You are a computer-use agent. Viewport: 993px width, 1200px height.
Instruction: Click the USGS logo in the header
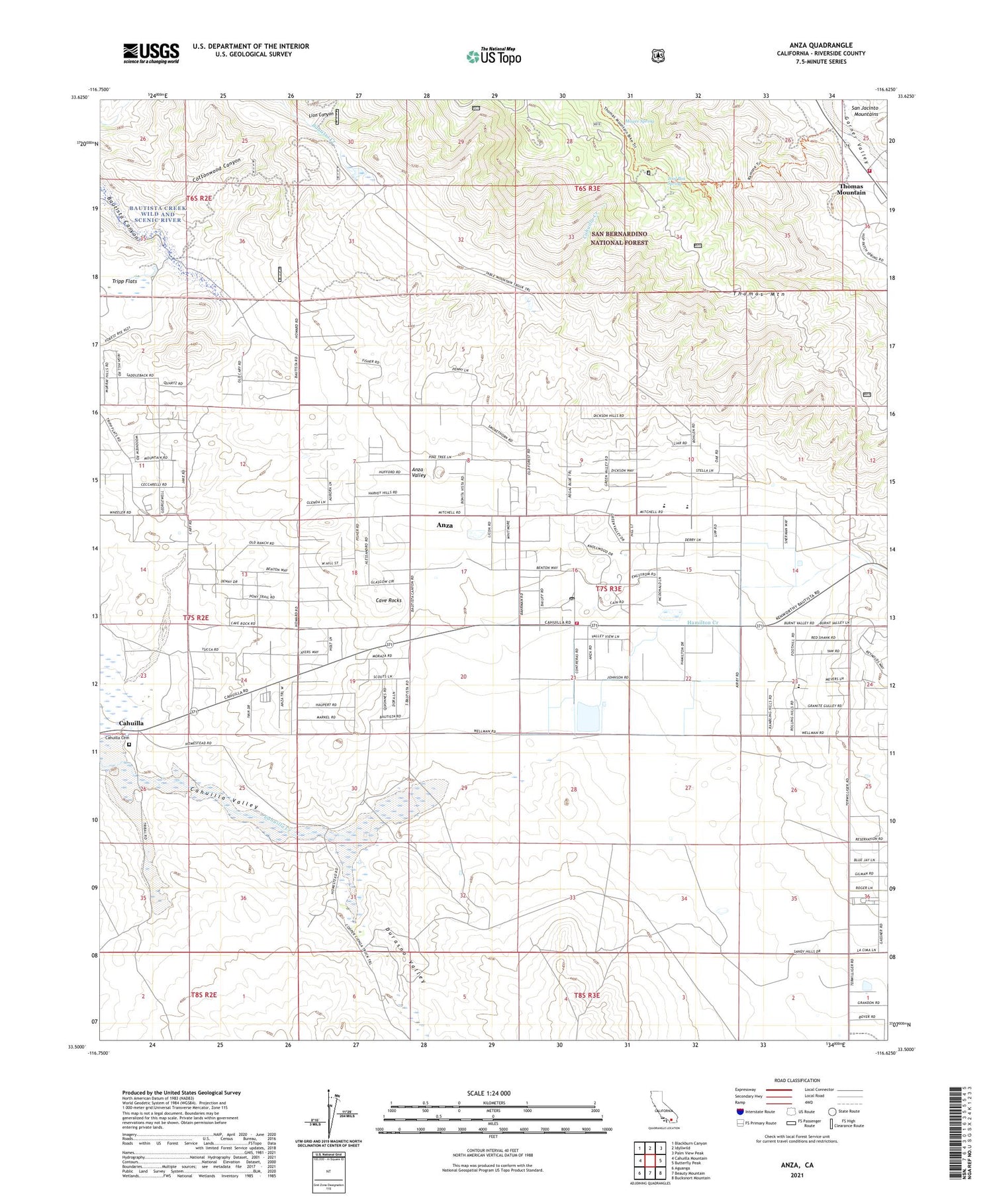(151, 53)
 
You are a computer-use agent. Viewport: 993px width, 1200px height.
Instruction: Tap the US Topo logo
(494, 56)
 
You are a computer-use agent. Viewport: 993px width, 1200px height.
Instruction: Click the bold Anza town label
(444, 525)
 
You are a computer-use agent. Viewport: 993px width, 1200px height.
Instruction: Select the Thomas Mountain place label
(851, 189)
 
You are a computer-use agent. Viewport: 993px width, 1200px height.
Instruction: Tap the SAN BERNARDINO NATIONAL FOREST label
(619, 238)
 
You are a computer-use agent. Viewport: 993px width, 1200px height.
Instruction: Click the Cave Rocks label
(389, 600)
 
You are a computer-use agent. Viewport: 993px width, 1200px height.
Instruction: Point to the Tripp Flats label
(124, 281)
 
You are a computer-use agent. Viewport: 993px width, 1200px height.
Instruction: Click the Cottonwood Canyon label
(216, 170)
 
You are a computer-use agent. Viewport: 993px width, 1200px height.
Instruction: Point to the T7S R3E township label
(609, 588)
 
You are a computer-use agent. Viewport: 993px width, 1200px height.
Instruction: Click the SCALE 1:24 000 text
(493, 1093)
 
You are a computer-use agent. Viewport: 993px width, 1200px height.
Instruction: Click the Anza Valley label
(418, 472)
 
